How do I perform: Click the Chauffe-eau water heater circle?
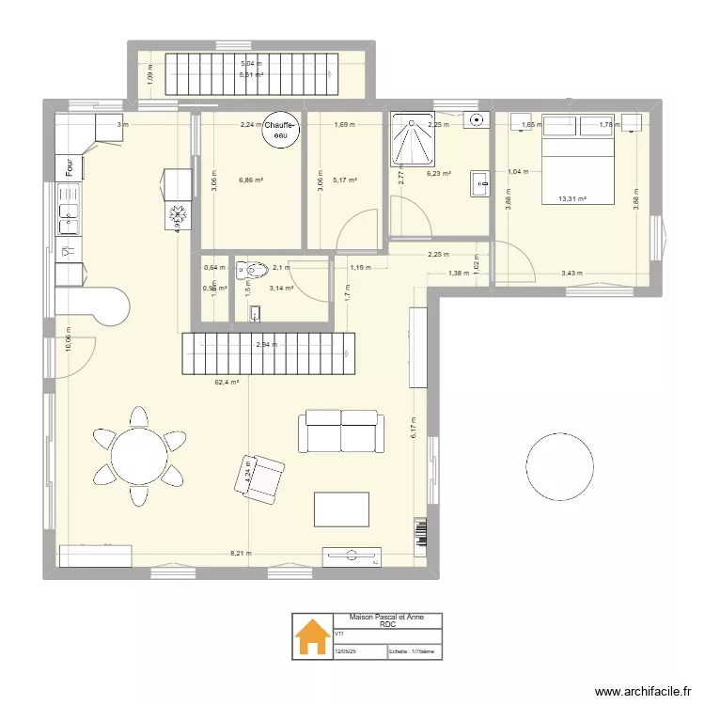point(280,130)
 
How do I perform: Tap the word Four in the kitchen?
point(70,167)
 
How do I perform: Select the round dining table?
point(138,457)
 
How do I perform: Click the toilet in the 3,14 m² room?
point(251,271)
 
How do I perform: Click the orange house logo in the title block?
point(311,639)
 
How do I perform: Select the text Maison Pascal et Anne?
point(386,618)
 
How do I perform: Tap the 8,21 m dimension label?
point(243,554)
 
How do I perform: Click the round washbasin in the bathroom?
point(478,119)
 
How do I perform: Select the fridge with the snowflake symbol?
point(176,217)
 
